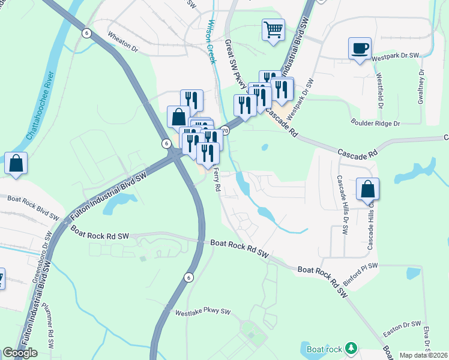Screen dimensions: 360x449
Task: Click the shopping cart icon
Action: click(273, 29)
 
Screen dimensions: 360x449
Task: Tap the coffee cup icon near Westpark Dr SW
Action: click(360, 48)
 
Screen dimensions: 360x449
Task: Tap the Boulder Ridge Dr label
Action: click(376, 123)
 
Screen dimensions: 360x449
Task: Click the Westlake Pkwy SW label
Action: click(203, 312)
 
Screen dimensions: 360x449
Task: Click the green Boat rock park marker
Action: click(351, 348)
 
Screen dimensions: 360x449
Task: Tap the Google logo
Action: click(20, 353)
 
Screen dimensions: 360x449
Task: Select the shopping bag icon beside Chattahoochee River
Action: click(16, 163)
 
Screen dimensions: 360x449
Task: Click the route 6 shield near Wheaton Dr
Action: click(87, 33)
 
